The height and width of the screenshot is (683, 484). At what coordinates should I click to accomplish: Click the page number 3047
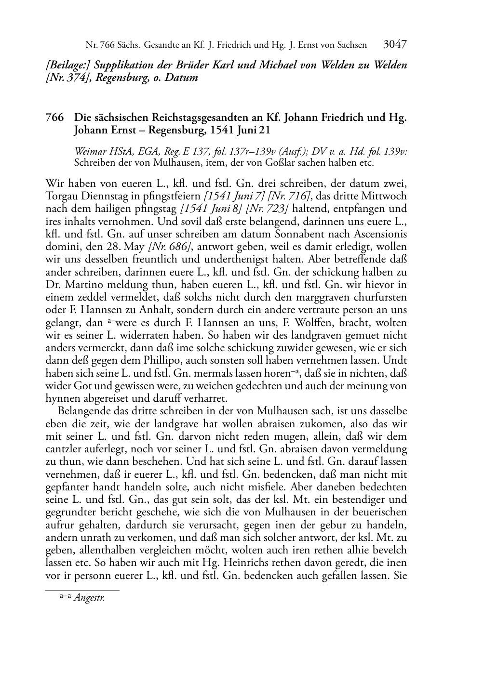(x=395, y=45)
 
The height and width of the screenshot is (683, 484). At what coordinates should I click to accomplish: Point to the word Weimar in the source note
(x=90, y=151)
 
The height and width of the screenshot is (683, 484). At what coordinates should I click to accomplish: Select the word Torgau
(x=61, y=197)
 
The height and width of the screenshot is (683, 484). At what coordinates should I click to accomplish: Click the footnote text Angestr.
(x=90, y=598)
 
